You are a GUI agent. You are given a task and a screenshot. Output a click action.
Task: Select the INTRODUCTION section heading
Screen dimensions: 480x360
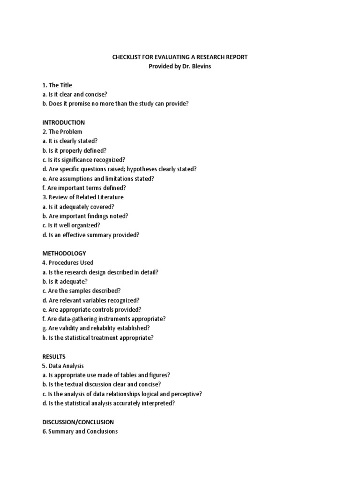click(x=64, y=122)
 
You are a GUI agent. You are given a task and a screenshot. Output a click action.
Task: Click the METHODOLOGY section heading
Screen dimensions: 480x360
click(x=64, y=253)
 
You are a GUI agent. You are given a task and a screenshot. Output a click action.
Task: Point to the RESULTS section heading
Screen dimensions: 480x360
click(x=54, y=357)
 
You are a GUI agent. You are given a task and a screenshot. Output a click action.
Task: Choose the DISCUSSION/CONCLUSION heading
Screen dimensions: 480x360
click(x=78, y=422)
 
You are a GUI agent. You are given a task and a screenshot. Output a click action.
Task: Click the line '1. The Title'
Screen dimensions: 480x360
click(x=57, y=85)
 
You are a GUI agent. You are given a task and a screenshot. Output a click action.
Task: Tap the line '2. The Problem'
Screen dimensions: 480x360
click(x=62, y=132)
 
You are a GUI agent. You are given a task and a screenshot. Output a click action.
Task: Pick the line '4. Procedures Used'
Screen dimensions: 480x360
click(x=68, y=262)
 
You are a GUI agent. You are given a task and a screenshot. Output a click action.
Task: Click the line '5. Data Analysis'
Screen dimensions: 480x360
click(x=63, y=366)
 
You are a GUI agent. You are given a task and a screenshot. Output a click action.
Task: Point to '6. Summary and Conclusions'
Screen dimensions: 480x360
click(x=80, y=431)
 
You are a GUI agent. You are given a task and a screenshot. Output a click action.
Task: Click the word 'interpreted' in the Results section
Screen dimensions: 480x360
click(x=158, y=403)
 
